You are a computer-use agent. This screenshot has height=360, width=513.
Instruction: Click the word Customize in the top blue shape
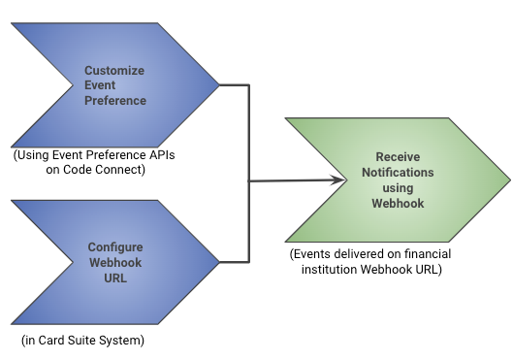114,71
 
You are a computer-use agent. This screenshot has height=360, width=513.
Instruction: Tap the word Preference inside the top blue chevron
114,100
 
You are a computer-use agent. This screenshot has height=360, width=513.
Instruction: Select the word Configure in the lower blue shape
114,247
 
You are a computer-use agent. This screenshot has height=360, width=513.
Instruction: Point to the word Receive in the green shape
399,157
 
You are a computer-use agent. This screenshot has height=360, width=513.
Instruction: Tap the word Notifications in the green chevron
399,173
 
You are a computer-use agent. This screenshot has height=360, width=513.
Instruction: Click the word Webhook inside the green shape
398,204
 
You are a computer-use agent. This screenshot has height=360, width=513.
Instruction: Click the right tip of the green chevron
507,180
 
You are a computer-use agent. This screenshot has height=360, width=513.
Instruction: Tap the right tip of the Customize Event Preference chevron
219,85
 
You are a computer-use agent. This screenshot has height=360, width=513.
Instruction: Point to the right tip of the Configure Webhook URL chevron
219,262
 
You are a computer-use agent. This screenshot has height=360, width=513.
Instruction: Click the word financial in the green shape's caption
425,254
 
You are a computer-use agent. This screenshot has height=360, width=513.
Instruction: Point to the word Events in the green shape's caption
315,254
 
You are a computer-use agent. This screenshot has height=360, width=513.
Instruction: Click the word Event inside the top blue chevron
100,85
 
